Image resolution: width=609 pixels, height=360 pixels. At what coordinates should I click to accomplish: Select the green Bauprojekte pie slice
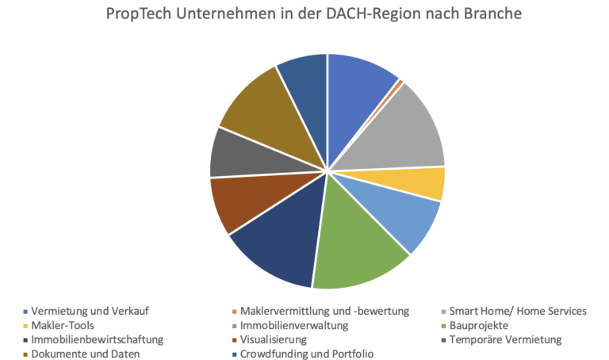coord(357,246)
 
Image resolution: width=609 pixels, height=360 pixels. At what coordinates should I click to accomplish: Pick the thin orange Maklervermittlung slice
coord(400,81)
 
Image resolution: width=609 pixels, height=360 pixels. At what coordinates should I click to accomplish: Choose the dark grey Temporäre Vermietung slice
coord(233,155)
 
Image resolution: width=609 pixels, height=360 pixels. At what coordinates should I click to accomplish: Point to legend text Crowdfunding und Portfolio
coord(307,354)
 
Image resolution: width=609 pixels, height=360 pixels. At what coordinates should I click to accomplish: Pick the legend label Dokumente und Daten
coord(86,354)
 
